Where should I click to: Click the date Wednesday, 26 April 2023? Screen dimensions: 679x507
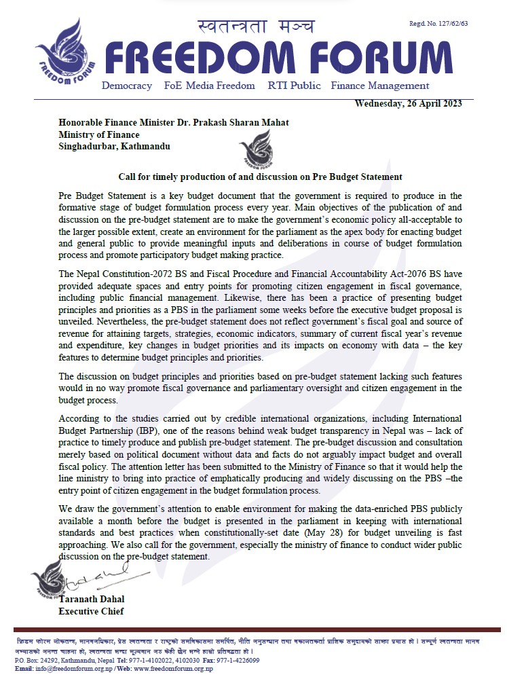[409, 103]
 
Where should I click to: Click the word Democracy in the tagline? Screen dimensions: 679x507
[127, 86]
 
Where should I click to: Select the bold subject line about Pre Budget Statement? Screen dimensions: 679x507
[260, 176]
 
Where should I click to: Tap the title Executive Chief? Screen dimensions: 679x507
[92, 611]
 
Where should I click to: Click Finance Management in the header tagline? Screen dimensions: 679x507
[380, 86]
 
